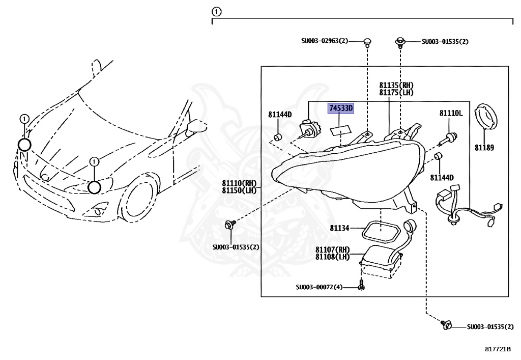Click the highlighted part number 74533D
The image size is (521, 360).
pyautogui.click(x=340, y=108)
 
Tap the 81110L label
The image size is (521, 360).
pyautogui.click(x=451, y=113)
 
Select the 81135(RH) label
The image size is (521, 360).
pyautogui.click(x=396, y=86)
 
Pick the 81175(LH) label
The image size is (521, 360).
pyautogui.click(x=396, y=93)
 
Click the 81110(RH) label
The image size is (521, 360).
pyautogui.click(x=239, y=183)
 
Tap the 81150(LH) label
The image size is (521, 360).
pyautogui.click(x=239, y=190)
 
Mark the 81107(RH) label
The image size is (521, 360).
pyautogui.click(x=332, y=250)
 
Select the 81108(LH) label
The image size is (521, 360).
pyautogui.click(x=332, y=257)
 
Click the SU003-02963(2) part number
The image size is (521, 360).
pyautogui.click(x=324, y=41)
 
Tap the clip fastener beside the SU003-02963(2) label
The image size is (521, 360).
pyautogui.click(x=367, y=42)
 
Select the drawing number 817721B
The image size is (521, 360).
pyautogui.click(x=497, y=349)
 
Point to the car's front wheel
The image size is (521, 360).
pyautogui.click(x=138, y=200)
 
